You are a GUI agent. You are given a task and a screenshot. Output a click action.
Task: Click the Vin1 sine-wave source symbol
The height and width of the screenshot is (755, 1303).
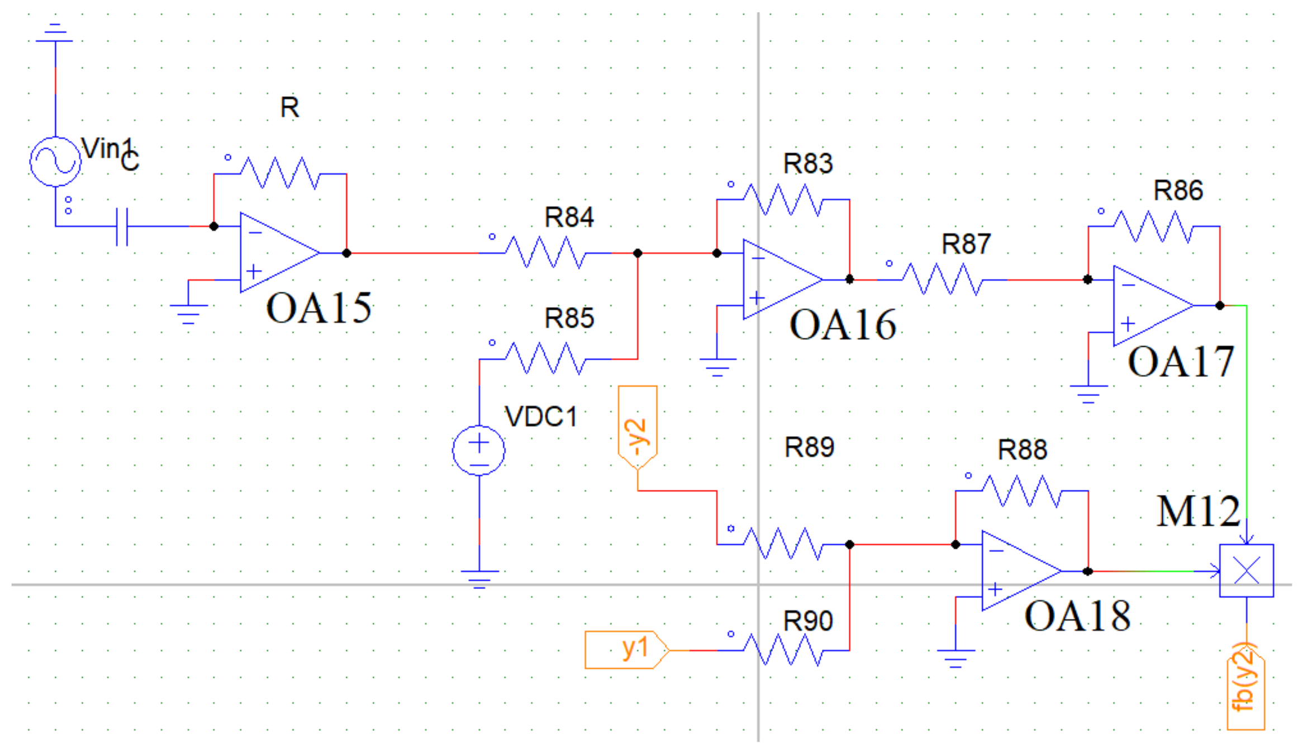55,161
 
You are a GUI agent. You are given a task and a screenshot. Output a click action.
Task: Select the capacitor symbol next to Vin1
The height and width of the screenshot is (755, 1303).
122,226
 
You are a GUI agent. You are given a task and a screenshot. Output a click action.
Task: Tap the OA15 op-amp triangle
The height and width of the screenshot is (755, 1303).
274,253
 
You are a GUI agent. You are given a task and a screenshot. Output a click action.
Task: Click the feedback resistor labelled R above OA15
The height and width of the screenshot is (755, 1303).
279,173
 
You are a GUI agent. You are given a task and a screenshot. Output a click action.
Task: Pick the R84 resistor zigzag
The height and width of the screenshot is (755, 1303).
545,253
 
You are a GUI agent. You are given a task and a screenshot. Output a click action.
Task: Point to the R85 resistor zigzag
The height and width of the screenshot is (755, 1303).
545,358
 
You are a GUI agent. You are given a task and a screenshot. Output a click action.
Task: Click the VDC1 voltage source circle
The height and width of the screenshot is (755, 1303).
479,451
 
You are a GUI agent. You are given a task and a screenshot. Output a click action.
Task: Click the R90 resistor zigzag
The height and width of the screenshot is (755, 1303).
782,650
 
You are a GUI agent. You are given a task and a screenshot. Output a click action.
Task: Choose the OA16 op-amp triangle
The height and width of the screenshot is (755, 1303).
777,279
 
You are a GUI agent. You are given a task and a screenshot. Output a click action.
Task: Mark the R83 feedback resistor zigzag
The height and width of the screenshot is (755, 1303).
782,199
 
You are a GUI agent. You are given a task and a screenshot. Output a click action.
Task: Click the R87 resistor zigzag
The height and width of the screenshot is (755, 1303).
941,279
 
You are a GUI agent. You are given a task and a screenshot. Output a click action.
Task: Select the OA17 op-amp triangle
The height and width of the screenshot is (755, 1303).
1148,306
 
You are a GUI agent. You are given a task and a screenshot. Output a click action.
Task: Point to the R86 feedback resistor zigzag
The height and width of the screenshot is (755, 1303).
1153,226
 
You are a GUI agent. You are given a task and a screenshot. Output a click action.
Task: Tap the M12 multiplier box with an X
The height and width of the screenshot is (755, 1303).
1247,571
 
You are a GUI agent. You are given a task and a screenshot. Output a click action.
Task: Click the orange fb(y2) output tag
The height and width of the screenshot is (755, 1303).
1245,688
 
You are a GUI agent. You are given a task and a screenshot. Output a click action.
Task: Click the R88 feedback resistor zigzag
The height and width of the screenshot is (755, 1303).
1021,490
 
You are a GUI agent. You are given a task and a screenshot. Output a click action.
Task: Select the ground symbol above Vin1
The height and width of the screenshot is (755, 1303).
55,34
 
